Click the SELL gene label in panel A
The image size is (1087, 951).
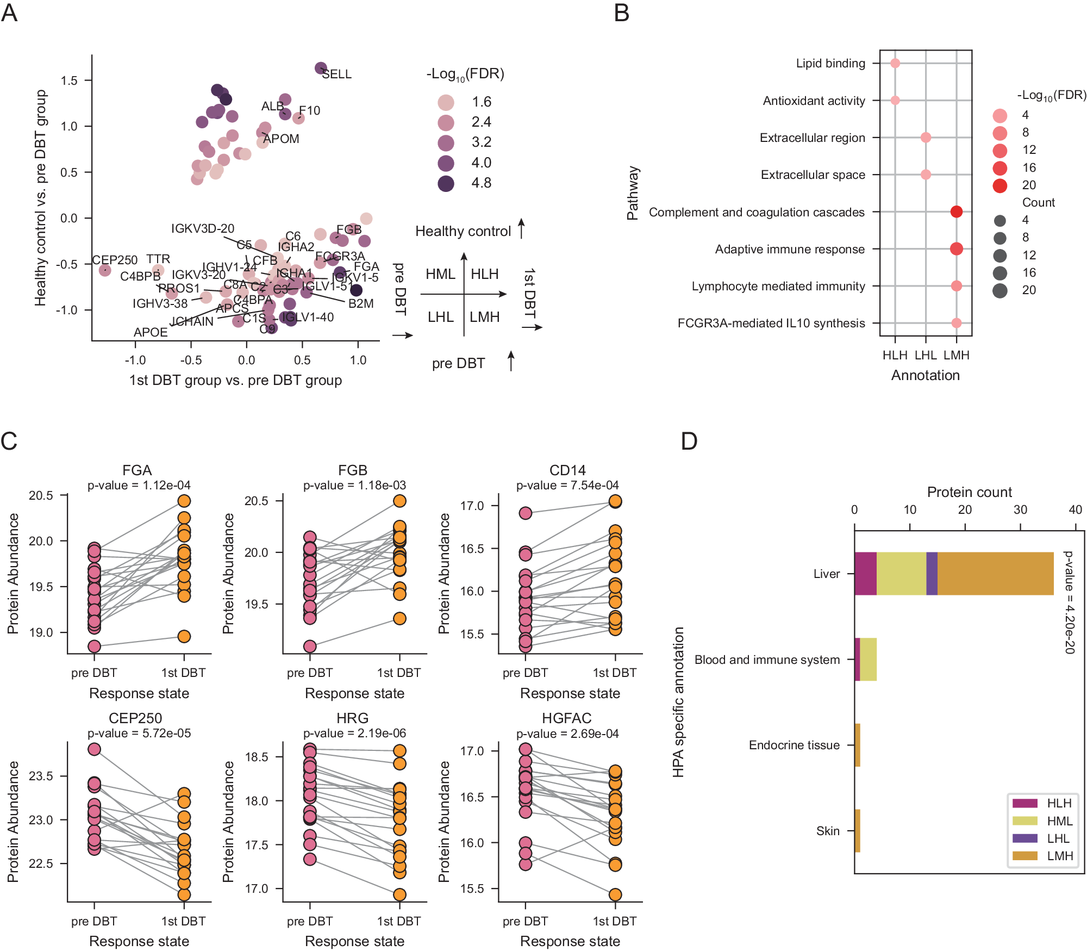click(336, 74)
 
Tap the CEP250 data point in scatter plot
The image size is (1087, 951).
click(105, 270)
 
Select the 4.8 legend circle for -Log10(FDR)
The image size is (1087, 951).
click(446, 183)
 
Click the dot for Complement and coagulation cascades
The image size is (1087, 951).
click(957, 212)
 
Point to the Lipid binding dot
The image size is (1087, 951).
click(895, 63)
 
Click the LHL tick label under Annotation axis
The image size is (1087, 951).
click(926, 355)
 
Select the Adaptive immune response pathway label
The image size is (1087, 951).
click(789, 249)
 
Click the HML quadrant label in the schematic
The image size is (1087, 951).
click(440, 274)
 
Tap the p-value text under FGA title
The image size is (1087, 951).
click(139, 485)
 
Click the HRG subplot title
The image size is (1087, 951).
click(352, 718)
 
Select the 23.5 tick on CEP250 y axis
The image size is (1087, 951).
click(41, 776)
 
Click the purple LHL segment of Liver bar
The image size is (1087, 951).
click(932, 573)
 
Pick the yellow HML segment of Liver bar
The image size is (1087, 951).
click(901, 573)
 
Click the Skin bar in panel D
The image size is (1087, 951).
click(857, 830)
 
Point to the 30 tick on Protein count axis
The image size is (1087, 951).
click(1020, 509)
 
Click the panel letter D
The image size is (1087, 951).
click(689, 440)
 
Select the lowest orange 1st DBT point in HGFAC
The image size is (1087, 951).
click(615, 894)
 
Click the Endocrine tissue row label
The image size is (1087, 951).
click(794, 745)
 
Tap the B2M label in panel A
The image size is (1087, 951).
click(361, 303)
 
